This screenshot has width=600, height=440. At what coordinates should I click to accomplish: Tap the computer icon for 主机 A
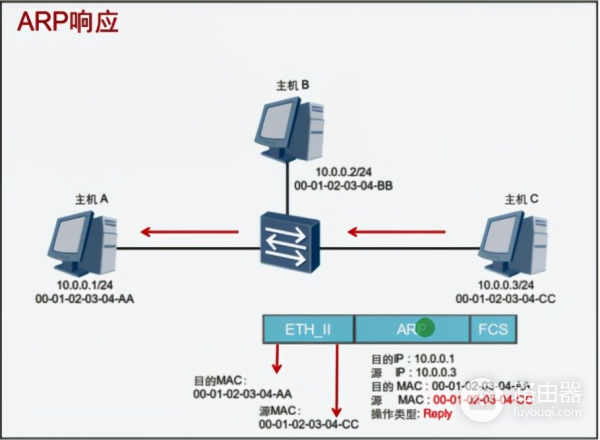(82, 244)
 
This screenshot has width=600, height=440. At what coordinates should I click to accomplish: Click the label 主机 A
(91, 199)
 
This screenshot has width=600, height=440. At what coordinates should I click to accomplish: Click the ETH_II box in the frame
(307, 328)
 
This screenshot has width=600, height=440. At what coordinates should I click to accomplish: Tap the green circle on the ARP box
(426, 327)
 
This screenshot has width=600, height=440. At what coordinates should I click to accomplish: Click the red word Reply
(437, 414)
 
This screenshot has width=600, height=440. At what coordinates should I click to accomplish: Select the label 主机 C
(521, 199)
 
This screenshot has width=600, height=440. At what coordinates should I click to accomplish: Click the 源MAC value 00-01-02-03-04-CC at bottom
(308, 425)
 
